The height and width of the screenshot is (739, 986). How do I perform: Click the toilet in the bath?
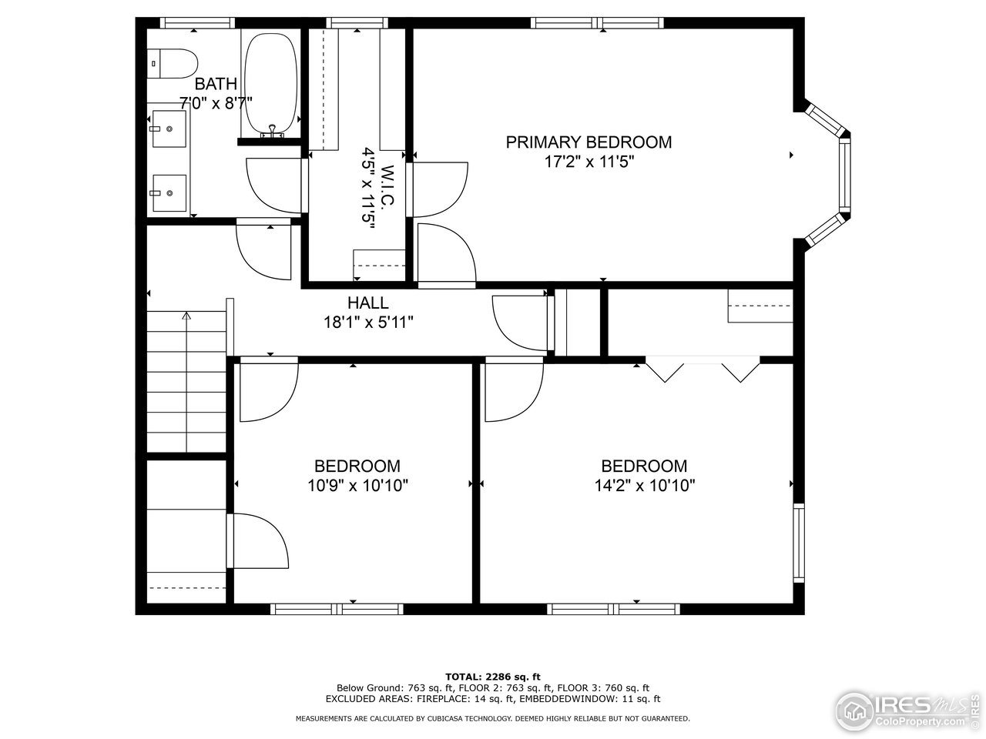tap(173, 63)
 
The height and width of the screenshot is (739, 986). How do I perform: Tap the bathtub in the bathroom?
tap(270, 83)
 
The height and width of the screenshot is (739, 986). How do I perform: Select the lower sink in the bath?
tap(169, 192)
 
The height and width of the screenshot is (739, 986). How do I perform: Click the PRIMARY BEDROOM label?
tap(589, 142)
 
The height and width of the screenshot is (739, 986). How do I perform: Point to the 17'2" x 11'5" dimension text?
tap(589, 162)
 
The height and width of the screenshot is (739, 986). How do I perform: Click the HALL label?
tap(367, 303)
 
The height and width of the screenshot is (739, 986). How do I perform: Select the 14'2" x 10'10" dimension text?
tap(644, 486)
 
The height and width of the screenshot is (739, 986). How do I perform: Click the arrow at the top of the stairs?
tap(186, 316)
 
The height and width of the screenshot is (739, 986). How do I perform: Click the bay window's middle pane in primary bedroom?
tap(845, 176)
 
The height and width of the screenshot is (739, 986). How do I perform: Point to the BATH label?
tap(216, 84)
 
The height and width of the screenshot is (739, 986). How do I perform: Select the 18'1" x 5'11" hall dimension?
tap(368, 323)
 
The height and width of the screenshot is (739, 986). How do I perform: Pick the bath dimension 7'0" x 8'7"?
tap(216, 102)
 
